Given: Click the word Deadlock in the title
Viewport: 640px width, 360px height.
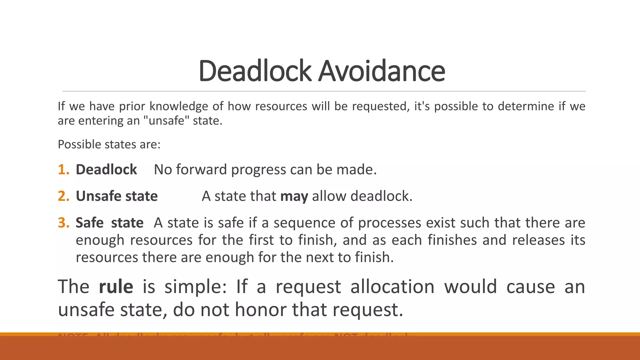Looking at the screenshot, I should (x=255, y=71).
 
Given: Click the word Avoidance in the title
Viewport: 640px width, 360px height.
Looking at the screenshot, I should (x=382, y=71).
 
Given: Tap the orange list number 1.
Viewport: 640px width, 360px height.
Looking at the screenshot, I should (x=63, y=170).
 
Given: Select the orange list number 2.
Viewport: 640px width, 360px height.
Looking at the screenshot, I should (x=63, y=196).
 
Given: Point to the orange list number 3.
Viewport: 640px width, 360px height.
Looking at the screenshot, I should (x=63, y=223).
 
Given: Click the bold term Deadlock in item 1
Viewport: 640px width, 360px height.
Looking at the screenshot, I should (x=106, y=170).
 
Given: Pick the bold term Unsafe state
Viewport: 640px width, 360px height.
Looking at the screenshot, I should (x=117, y=196).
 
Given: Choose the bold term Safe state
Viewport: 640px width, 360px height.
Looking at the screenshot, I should (x=109, y=223).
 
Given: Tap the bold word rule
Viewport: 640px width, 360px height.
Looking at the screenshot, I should (x=116, y=287).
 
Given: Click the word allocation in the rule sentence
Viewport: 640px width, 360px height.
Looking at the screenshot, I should (x=392, y=287).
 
